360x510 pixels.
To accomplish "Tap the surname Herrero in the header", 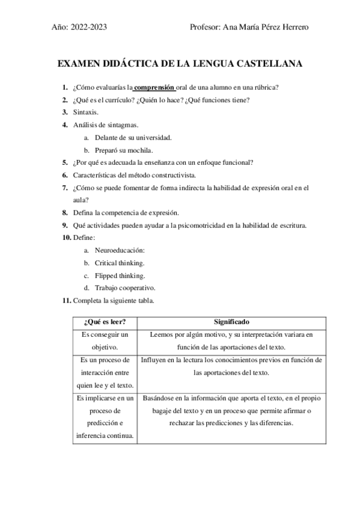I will click(294, 27).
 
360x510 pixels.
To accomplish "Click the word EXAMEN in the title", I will click(78, 63).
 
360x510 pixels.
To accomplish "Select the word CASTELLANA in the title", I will click(270, 63).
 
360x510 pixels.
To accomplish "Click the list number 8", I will click(65, 212).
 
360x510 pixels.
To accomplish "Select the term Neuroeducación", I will click(120, 250).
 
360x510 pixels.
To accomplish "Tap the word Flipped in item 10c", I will click(106, 275).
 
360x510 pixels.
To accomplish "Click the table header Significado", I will click(231, 322).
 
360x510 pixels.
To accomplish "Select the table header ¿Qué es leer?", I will click(101, 322).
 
